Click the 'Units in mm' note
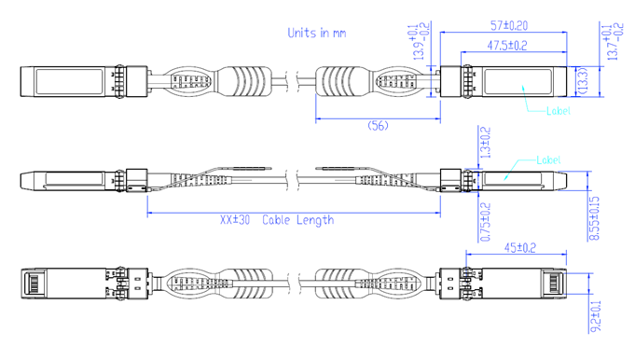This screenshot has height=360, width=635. [316, 33]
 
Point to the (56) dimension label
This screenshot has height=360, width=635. [378, 125]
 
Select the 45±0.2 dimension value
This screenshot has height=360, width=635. [520, 247]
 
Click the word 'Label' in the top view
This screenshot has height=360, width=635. [558, 111]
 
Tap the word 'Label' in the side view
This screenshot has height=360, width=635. [549, 160]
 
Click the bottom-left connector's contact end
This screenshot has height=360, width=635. [31, 284]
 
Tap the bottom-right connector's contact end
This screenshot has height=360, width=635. [556, 284]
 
